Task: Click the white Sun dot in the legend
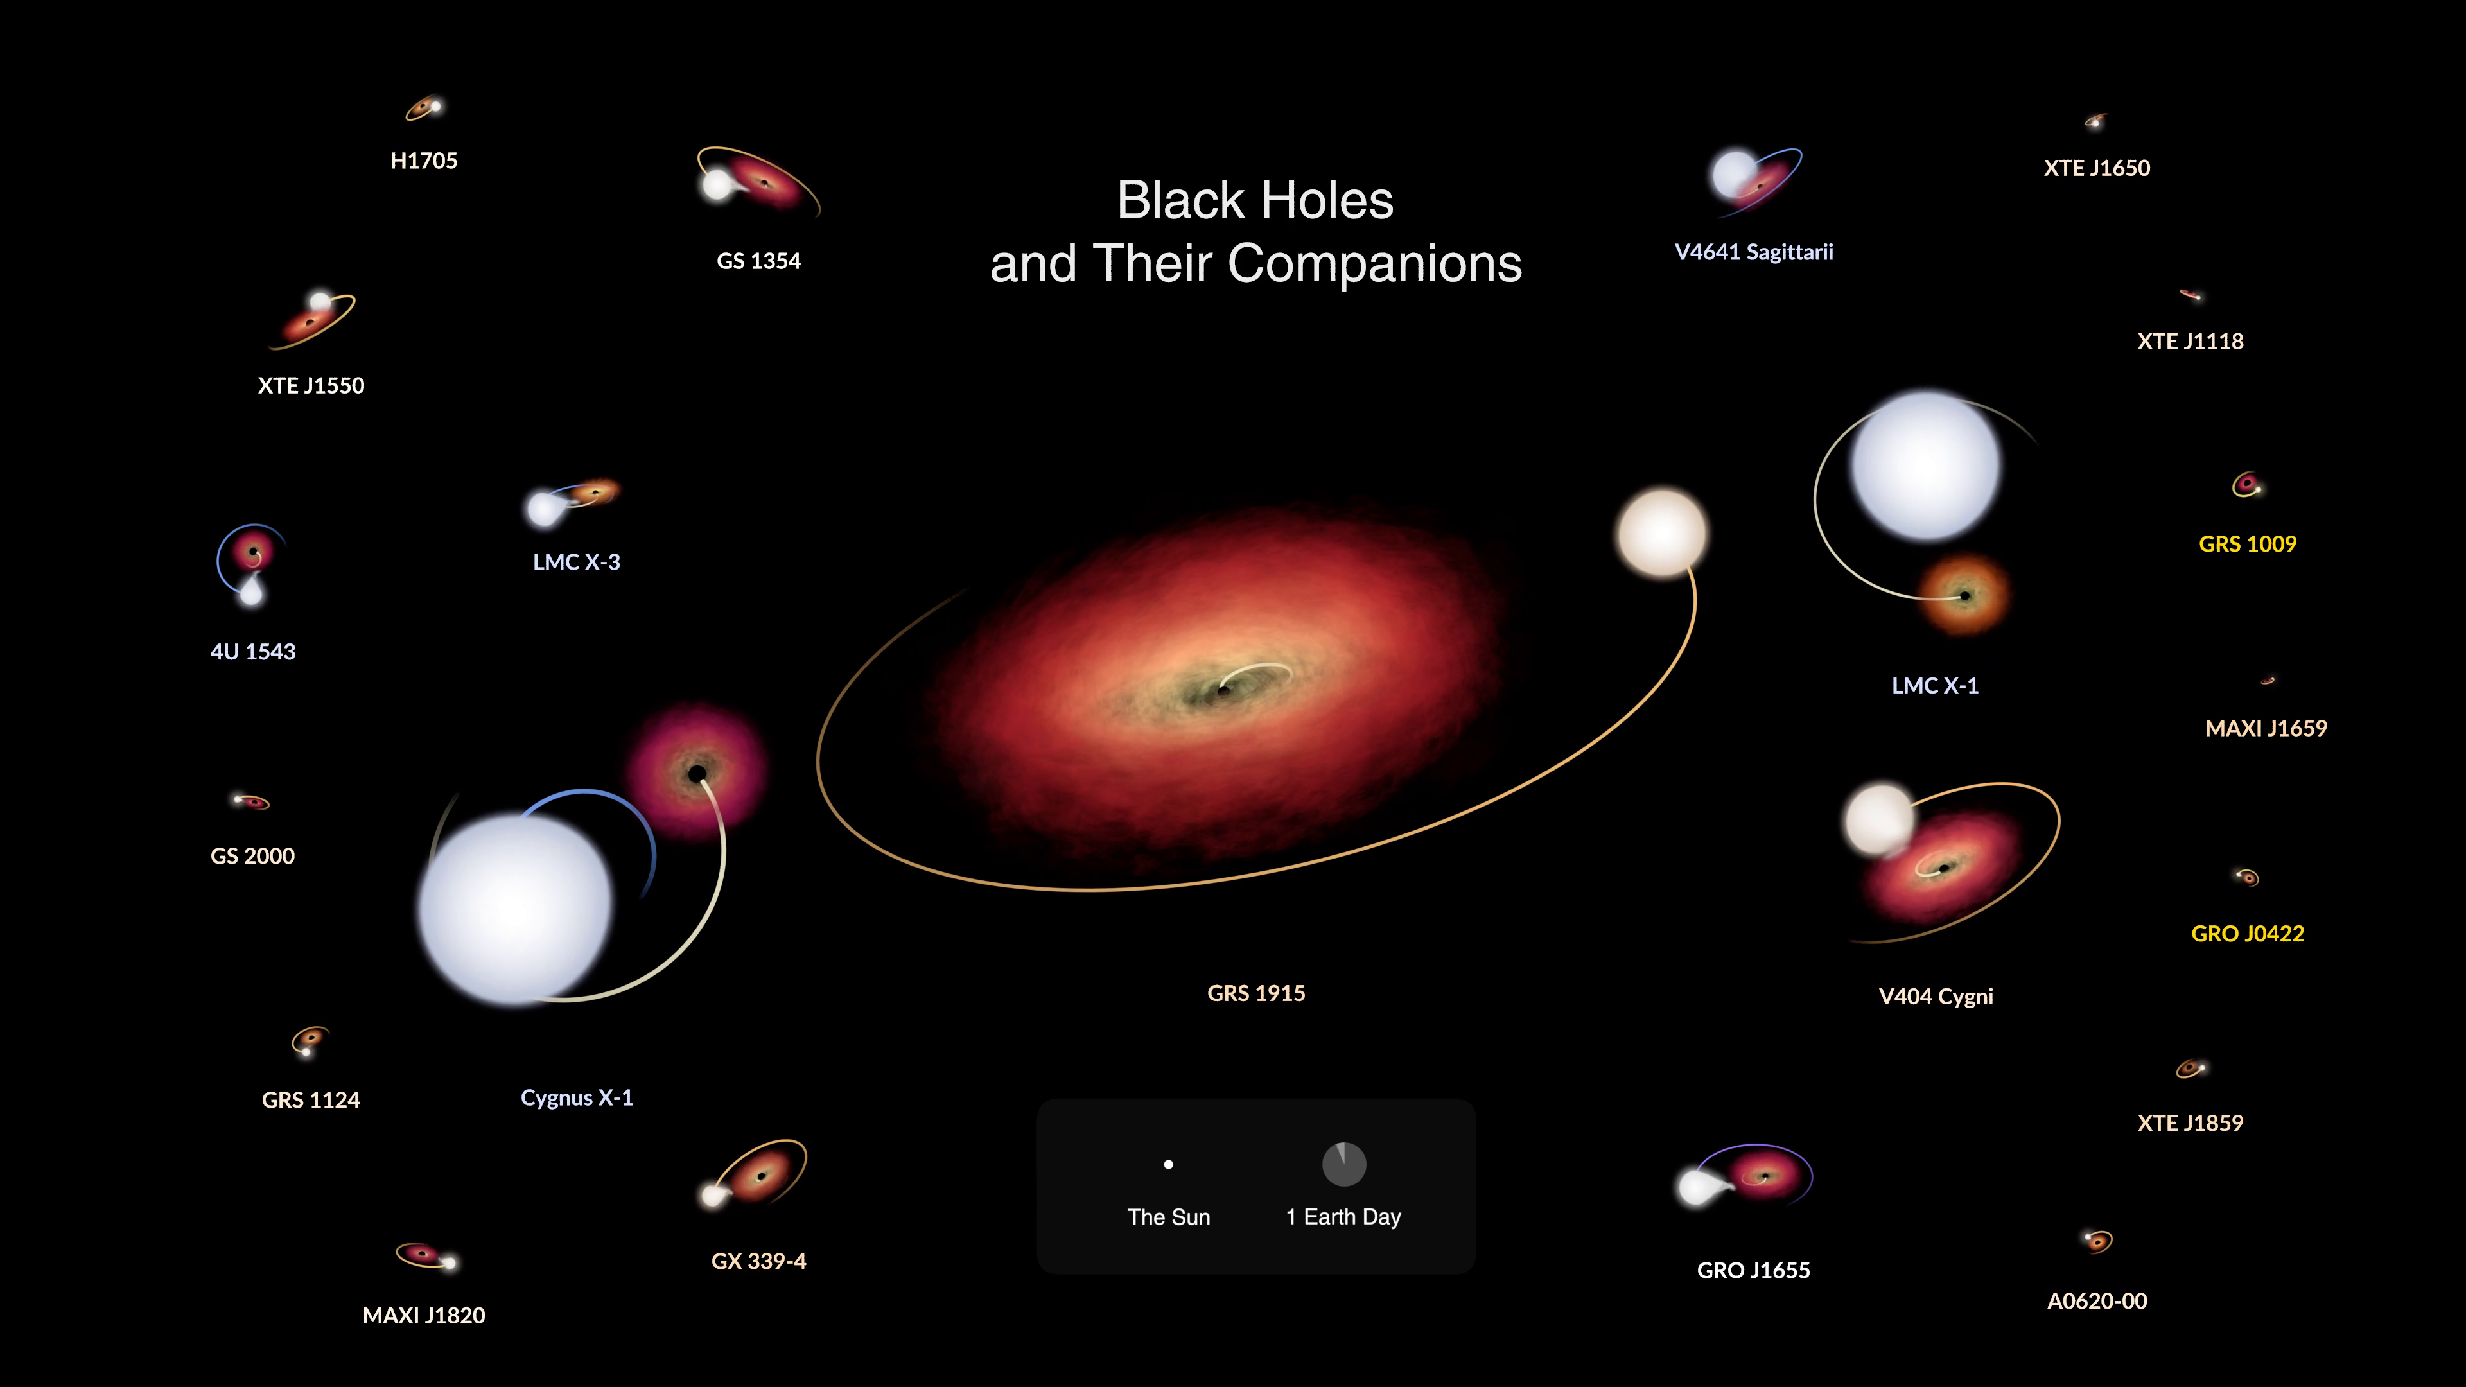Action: (1168, 1165)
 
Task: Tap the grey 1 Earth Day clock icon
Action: (1344, 1164)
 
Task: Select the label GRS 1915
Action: (1256, 993)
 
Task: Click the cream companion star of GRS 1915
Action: (1662, 533)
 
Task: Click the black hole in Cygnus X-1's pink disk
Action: (698, 773)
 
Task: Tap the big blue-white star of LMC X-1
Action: (1926, 466)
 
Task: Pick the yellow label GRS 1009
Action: (2247, 545)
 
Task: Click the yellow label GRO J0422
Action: (2247, 933)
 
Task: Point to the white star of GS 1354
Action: (717, 184)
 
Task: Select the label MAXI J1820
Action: (423, 1315)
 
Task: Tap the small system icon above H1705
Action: (424, 108)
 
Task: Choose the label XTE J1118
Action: (2191, 342)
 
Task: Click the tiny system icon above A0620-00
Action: (2097, 1241)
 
